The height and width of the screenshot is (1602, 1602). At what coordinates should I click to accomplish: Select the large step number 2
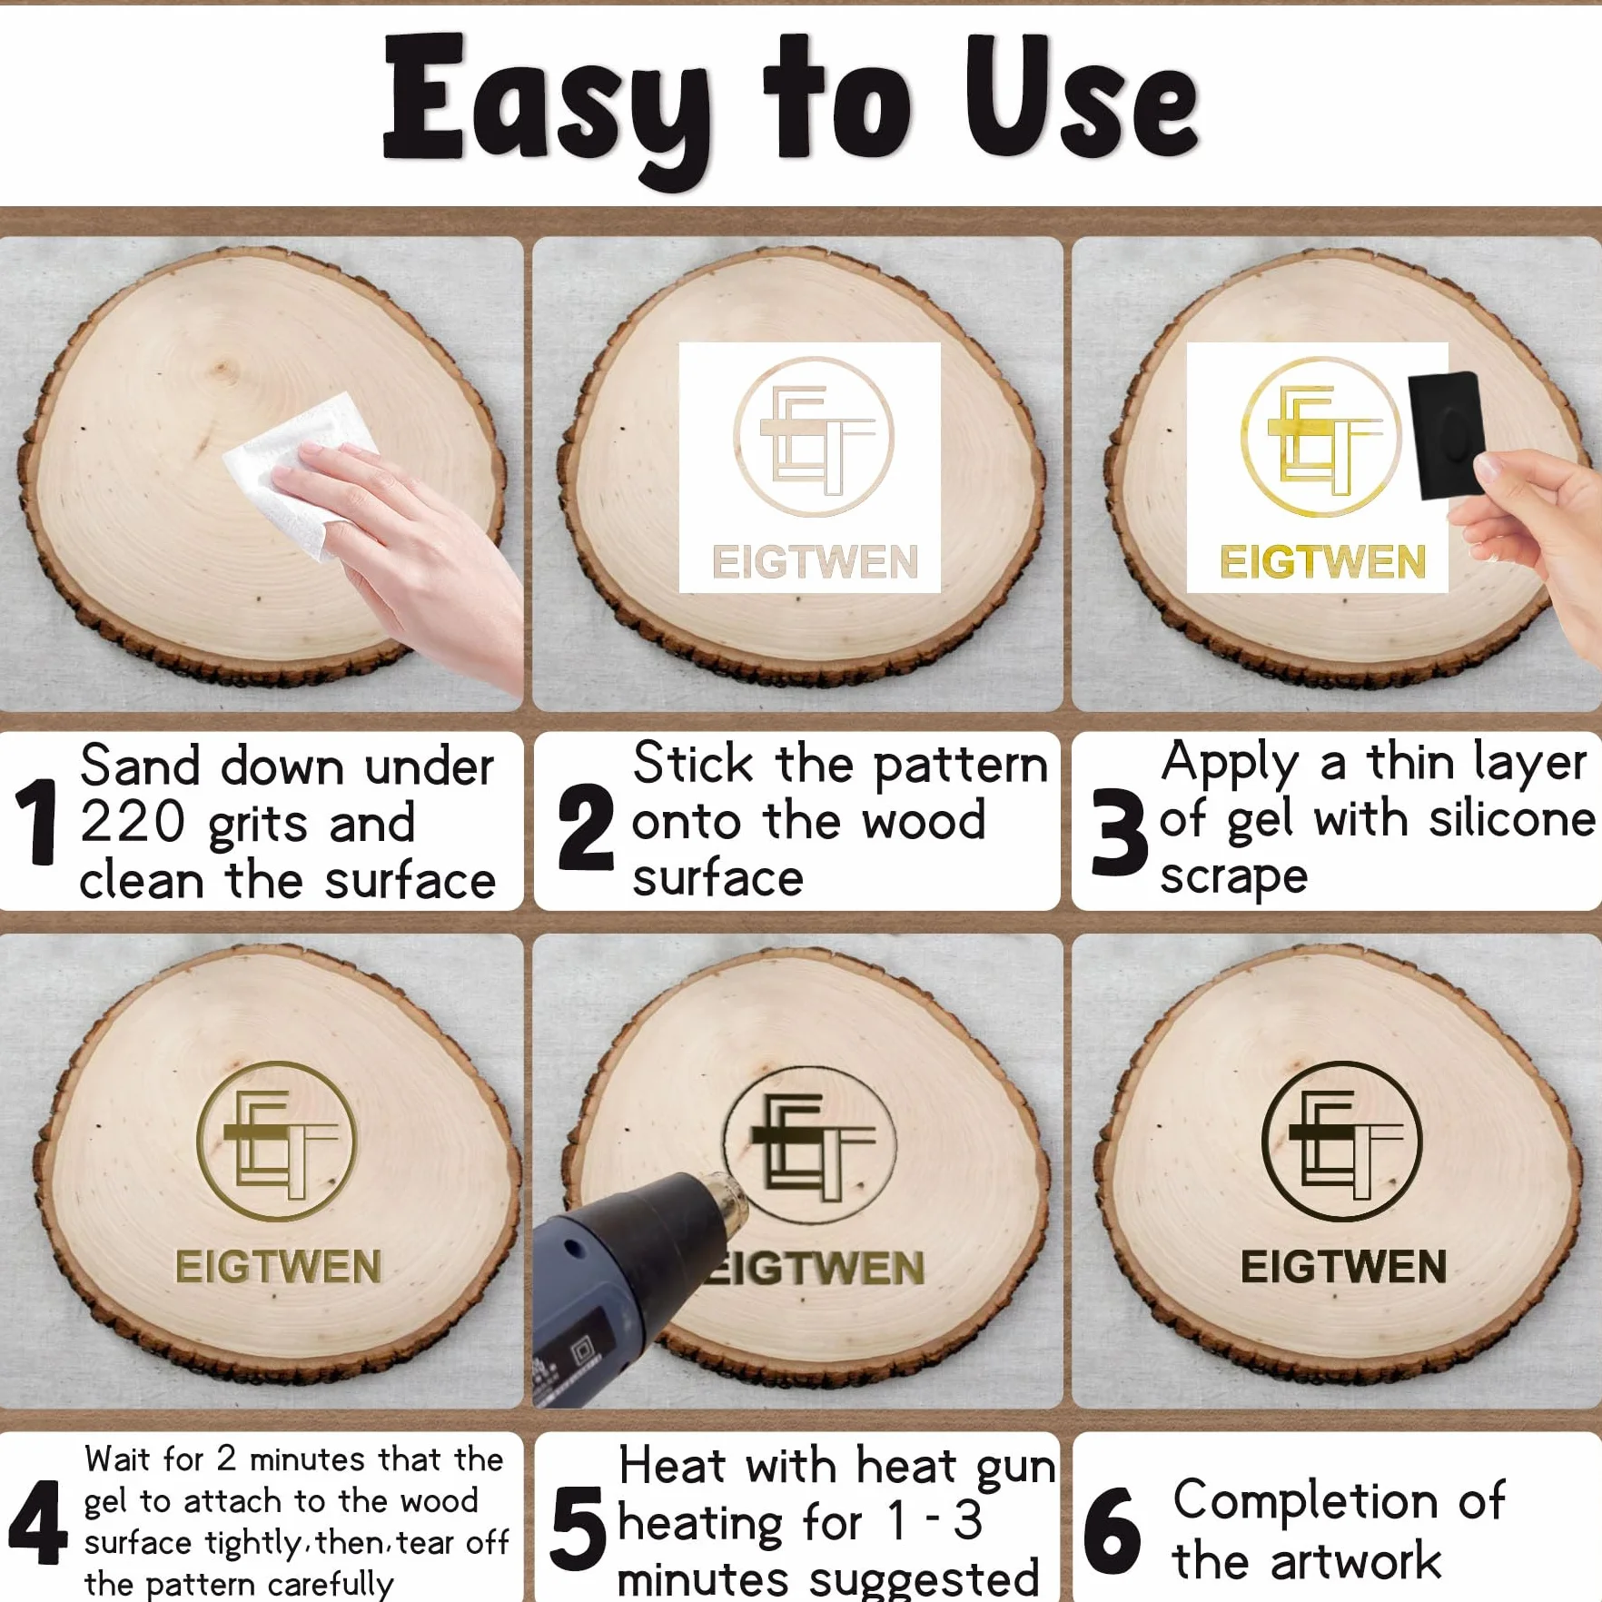pyautogui.click(x=586, y=826)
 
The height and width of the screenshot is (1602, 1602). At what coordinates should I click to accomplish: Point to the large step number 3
pyautogui.click(x=1120, y=830)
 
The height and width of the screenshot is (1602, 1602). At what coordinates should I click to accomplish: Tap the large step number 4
pyautogui.click(x=38, y=1522)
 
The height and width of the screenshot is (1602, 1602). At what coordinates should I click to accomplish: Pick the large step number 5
pyautogui.click(x=578, y=1528)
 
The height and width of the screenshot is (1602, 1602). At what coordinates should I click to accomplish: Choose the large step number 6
pyautogui.click(x=1112, y=1530)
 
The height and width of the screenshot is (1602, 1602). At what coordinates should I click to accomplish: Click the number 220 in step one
pyautogui.click(x=133, y=822)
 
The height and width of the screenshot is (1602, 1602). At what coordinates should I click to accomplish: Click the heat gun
pyautogui.click(x=636, y=1281)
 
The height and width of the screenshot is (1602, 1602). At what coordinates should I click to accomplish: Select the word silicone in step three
pyautogui.click(x=1512, y=819)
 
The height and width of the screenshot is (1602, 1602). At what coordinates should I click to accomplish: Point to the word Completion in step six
pyautogui.click(x=1306, y=1501)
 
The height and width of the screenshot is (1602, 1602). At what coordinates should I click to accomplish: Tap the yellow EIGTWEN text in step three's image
pyautogui.click(x=1322, y=562)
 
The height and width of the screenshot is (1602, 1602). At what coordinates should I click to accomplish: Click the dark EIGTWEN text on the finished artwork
pyautogui.click(x=1343, y=1267)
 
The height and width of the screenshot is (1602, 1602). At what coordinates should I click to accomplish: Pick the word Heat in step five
pyautogui.click(x=672, y=1466)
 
